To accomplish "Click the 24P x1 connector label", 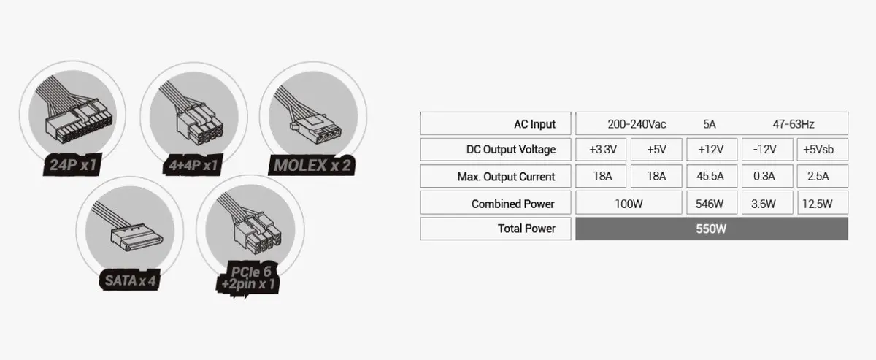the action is pos(73,164).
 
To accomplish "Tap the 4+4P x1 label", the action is pos(193,165).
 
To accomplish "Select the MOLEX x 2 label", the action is pos(312,165).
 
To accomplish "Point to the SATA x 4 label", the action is pos(130,280).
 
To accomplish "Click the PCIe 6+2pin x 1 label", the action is pos(249,277).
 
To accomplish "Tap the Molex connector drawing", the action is pos(311,117).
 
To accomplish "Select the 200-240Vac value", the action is pos(637,124).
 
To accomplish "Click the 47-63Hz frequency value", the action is pos(794,124).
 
